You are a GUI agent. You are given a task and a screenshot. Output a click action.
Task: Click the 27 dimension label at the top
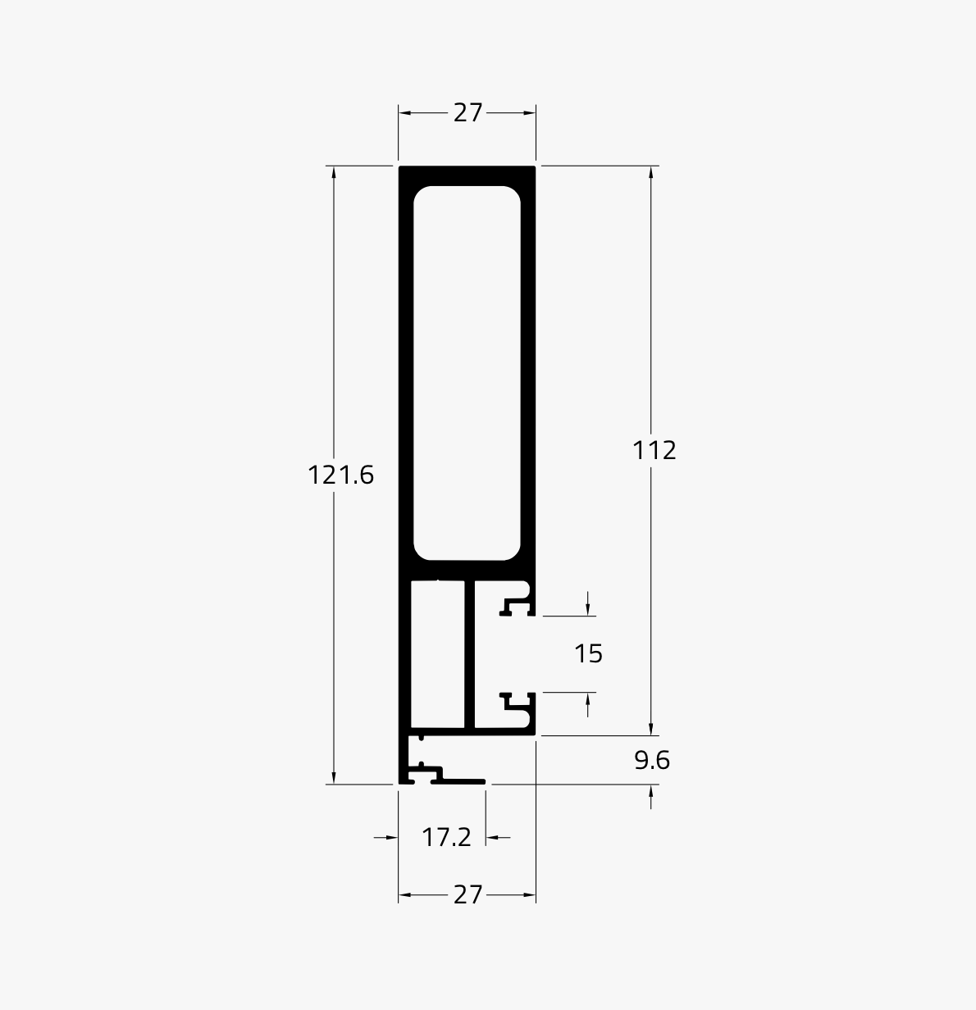(x=467, y=112)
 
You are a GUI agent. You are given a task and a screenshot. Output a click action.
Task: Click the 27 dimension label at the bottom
(x=467, y=894)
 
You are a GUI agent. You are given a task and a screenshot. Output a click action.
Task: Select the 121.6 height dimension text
(x=340, y=475)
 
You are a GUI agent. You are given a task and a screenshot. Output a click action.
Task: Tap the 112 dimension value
(x=654, y=450)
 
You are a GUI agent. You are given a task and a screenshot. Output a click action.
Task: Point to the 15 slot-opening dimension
(x=588, y=653)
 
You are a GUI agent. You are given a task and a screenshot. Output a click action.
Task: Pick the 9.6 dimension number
(x=652, y=760)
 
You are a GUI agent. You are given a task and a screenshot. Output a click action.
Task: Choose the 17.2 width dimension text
(x=446, y=837)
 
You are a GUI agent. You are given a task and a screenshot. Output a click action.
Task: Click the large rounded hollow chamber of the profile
(x=467, y=373)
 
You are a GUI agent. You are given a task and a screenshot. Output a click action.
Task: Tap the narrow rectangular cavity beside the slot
(x=438, y=654)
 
